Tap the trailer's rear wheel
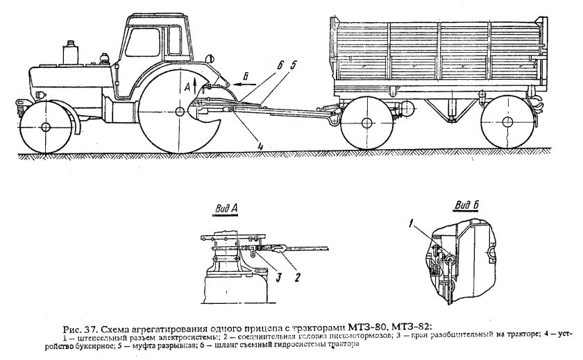(507, 125)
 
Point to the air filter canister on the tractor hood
(70, 51)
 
